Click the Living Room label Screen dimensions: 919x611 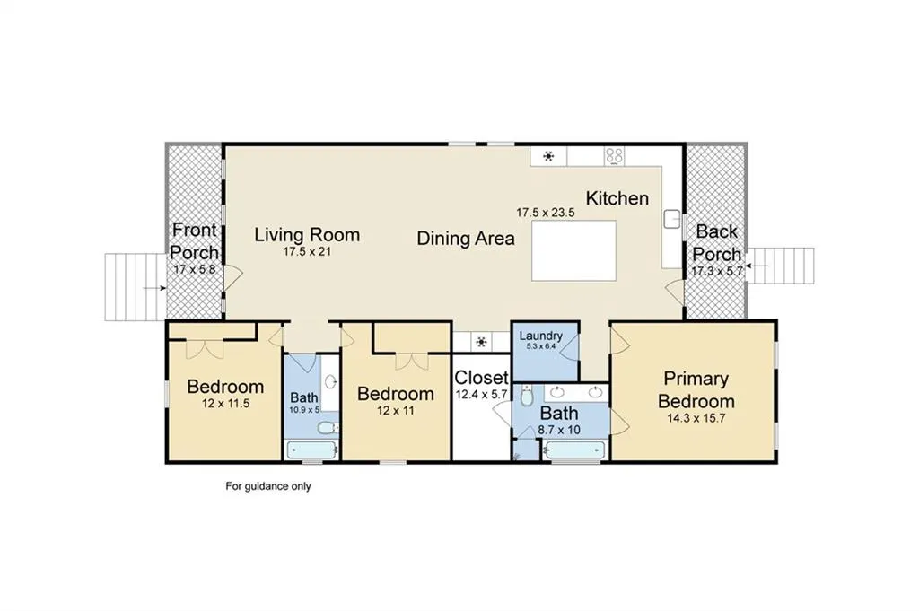pyautogui.click(x=307, y=235)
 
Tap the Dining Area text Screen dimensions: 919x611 pyautogui.click(x=466, y=239)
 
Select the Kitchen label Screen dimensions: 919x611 pyautogui.click(x=617, y=198)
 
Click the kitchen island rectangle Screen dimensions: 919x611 pyautogui.click(x=573, y=250)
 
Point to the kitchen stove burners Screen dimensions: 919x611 pyautogui.click(x=614, y=156)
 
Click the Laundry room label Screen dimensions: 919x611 pyautogui.click(x=540, y=336)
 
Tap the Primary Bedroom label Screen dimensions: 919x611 pyautogui.click(x=696, y=390)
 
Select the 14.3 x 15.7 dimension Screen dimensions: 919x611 pyautogui.click(x=696, y=418)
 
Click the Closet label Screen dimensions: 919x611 pyautogui.click(x=481, y=377)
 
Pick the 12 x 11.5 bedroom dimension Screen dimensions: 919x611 pyautogui.click(x=225, y=403)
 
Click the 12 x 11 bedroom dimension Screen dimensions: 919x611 pyautogui.click(x=396, y=410)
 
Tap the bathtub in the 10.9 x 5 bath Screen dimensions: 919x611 pyautogui.click(x=311, y=450)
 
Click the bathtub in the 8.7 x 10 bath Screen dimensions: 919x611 pyautogui.click(x=574, y=450)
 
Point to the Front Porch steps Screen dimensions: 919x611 pyautogui.click(x=136, y=287)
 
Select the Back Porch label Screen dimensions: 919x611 pyautogui.click(x=716, y=243)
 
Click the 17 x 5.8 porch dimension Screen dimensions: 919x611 pyautogui.click(x=195, y=270)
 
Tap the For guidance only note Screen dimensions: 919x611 pyautogui.click(x=268, y=486)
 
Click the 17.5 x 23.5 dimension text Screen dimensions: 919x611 pyautogui.click(x=545, y=213)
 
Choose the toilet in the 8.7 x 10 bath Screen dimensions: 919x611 pyautogui.click(x=526, y=396)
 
